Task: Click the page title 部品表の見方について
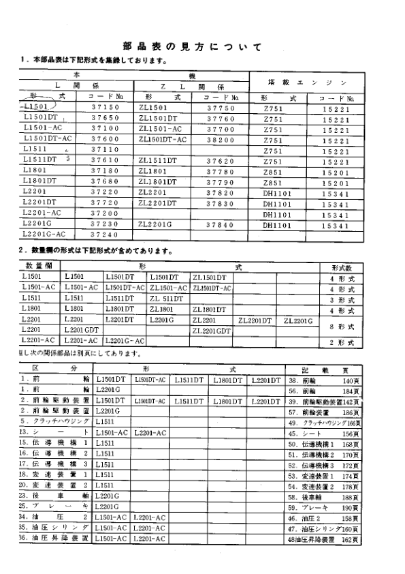[193, 47]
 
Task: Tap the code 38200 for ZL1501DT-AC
[220, 138]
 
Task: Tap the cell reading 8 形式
[343, 327]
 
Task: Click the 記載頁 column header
[323, 367]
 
